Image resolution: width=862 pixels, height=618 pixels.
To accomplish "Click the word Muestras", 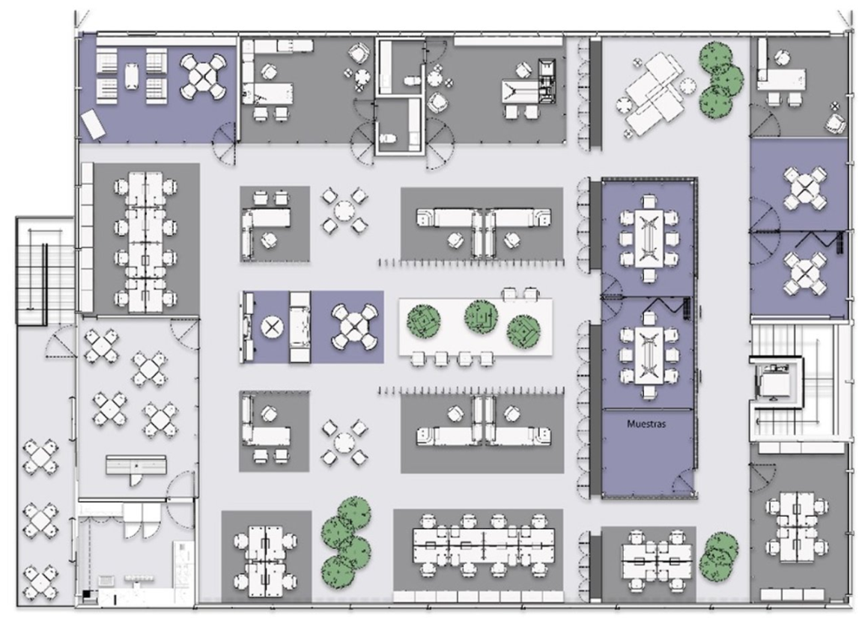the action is click(646, 424).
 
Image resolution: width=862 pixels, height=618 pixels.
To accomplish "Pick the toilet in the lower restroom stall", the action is click(388, 138).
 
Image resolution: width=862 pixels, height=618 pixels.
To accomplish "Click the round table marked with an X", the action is click(270, 327).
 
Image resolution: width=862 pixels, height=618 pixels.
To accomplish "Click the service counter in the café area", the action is click(136, 465).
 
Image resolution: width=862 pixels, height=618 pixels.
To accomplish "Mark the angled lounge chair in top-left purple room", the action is click(92, 124).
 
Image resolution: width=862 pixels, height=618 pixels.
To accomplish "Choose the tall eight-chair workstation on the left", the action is click(146, 243).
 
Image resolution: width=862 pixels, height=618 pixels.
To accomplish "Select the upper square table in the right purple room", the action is click(805, 188).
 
